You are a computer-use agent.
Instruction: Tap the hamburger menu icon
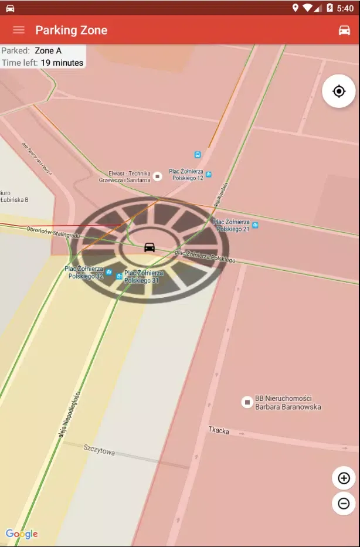pyautogui.click(x=19, y=30)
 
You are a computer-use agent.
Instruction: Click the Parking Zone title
pyautogui.click(x=71, y=30)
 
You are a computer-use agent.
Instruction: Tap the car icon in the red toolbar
pyautogui.click(x=344, y=30)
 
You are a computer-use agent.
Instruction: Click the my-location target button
pyautogui.click(x=338, y=91)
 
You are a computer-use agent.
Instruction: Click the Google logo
pyautogui.click(x=22, y=534)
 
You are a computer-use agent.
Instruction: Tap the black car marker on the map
pyautogui.click(x=150, y=247)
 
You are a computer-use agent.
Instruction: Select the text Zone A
pyautogui.click(x=48, y=51)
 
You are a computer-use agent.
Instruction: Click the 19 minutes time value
pyautogui.click(x=62, y=63)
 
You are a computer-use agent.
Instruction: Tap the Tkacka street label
pyautogui.click(x=219, y=431)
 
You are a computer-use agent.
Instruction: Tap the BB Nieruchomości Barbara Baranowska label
pyautogui.click(x=288, y=403)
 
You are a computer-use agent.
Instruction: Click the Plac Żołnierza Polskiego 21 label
pyautogui.click(x=231, y=225)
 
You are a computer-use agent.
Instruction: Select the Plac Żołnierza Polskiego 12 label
pyautogui.click(x=186, y=174)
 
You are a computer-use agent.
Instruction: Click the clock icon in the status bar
pyautogui.click(x=345, y=8)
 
